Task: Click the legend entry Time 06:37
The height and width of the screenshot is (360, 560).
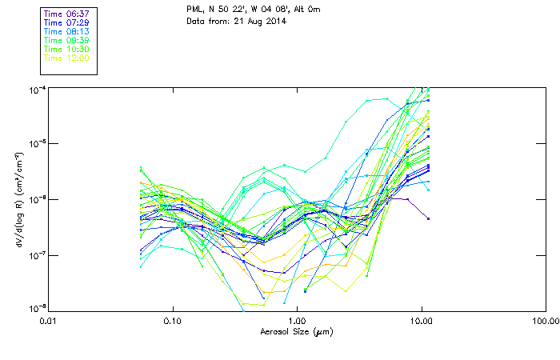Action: (66, 14)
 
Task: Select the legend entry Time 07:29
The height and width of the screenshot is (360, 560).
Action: (66, 22)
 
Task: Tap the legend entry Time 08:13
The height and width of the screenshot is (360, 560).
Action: (66, 31)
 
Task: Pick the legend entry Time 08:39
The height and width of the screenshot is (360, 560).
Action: (66, 40)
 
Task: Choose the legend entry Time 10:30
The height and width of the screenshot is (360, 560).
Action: (66, 49)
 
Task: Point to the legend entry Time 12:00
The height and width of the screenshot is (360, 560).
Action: (66, 58)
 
